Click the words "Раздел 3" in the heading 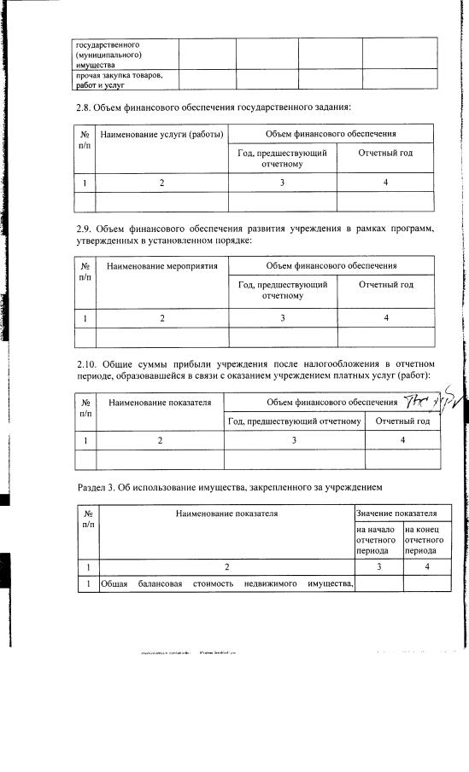[x=97, y=486]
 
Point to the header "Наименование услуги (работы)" [x=161, y=135]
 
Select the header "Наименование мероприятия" [x=161, y=266]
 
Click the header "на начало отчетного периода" [x=377, y=540]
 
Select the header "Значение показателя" [x=401, y=514]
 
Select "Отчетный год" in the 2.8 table [x=385, y=153]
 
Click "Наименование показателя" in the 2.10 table [x=160, y=402]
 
